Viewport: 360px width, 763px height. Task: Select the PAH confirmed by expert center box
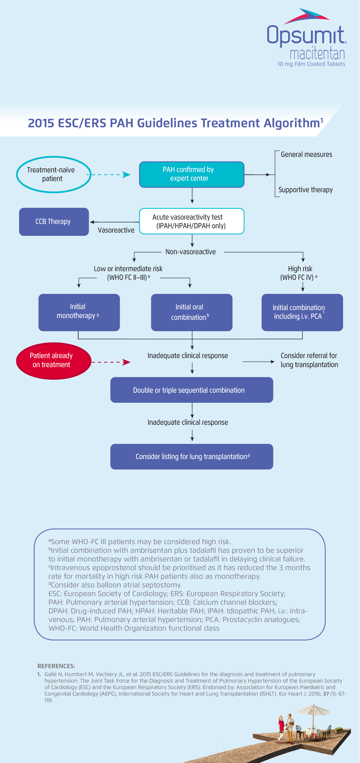[192, 175]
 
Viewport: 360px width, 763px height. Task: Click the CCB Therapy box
[54, 222]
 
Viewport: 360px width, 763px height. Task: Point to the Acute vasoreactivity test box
[192, 221]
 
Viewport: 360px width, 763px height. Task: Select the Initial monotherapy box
[79, 312]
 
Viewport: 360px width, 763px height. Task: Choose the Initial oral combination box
[191, 312]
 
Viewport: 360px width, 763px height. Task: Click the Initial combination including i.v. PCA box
[302, 312]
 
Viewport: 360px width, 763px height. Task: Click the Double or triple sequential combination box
[191, 390]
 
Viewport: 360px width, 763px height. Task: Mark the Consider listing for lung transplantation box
[191, 457]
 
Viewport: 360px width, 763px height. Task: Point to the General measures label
[306, 155]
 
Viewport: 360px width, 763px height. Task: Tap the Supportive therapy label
[306, 190]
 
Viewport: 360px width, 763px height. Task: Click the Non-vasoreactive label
[191, 252]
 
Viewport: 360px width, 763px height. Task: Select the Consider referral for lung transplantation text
[309, 360]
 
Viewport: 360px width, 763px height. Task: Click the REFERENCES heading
[56, 666]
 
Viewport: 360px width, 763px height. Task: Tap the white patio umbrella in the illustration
[313, 711]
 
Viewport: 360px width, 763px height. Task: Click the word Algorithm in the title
[291, 123]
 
